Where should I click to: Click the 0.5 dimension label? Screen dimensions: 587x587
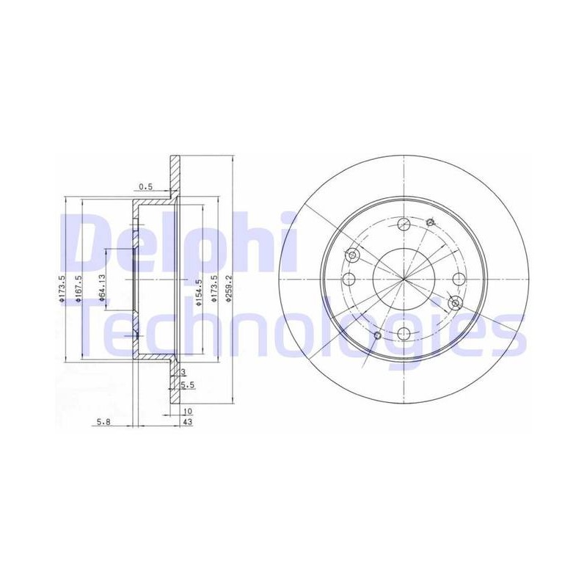145,186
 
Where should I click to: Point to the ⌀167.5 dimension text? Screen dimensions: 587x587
79,288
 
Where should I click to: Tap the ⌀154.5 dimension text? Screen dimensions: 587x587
199,292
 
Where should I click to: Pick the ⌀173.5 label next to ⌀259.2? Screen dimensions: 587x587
214,288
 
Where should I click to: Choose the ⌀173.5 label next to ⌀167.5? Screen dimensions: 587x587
62,288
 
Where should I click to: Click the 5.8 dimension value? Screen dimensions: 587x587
103,422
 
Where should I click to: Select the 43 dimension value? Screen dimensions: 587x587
188,422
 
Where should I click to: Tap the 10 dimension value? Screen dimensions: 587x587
188,412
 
